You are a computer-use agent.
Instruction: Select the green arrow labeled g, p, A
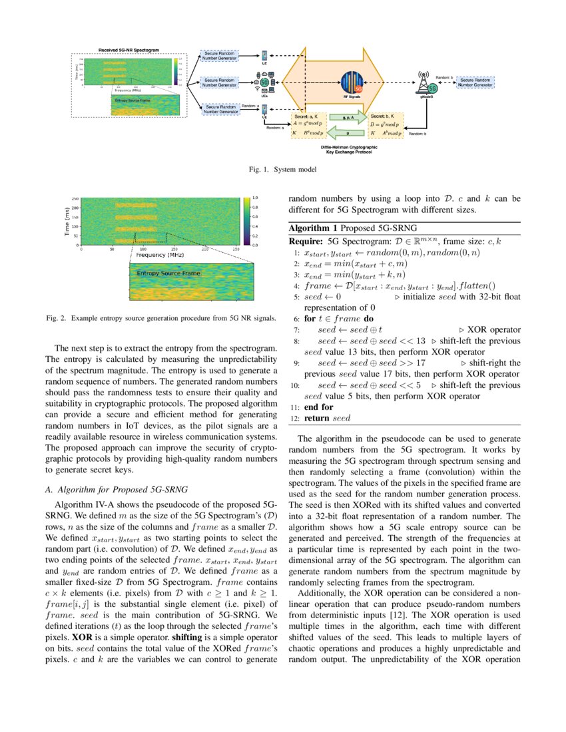click(x=347, y=117)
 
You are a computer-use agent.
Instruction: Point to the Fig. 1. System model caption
click(x=282, y=170)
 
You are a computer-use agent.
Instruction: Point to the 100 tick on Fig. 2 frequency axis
click(x=143, y=249)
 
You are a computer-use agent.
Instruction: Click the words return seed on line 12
click(x=326, y=418)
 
